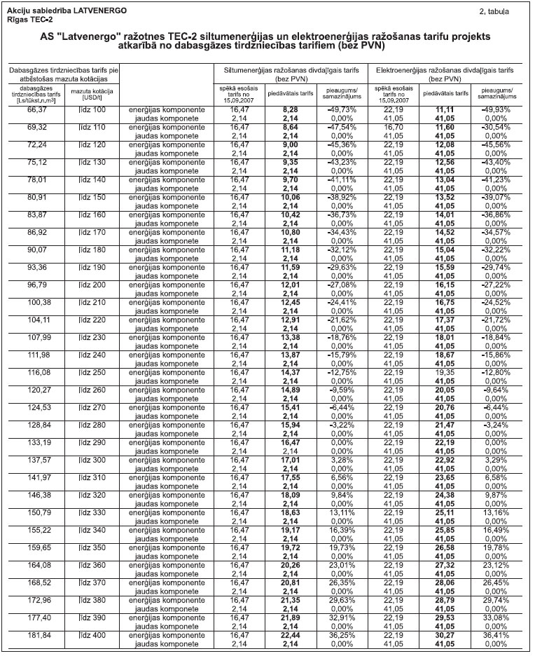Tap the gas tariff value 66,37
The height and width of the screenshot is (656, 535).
tap(36, 110)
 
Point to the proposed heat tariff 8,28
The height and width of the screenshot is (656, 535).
tap(291, 110)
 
